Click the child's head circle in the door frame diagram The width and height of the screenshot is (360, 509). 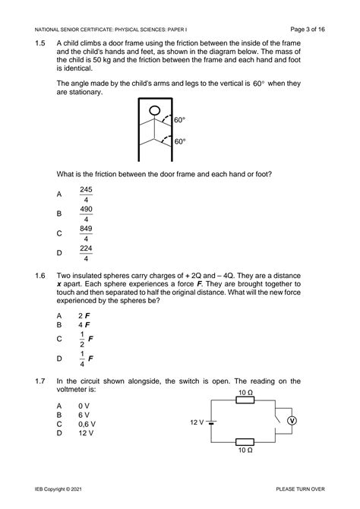(154, 112)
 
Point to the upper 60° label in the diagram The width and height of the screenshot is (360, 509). (180, 120)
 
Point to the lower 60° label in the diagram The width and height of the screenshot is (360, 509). (180, 141)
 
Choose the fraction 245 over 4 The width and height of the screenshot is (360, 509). (86, 194)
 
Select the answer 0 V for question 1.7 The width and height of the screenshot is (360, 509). (84, 406)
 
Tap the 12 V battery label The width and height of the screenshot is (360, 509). (199, 421)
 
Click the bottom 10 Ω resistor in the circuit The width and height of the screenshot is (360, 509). (245, 441)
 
